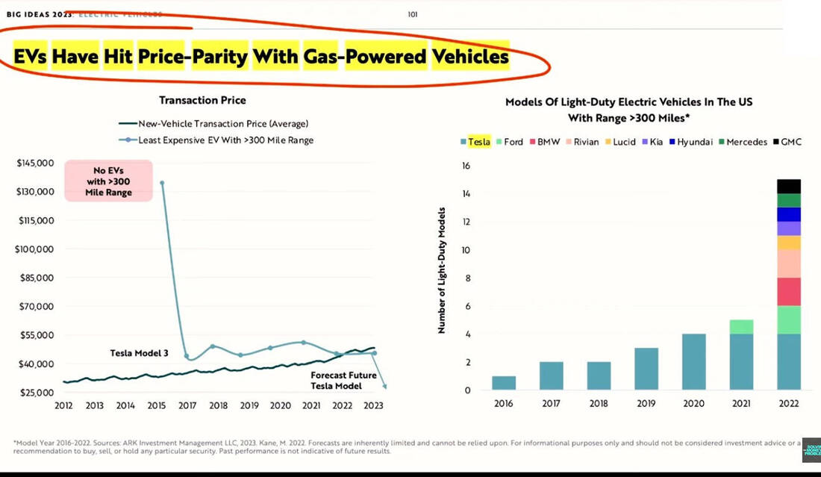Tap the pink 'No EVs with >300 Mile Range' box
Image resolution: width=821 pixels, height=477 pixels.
108,181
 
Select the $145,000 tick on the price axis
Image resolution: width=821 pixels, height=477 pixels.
34,163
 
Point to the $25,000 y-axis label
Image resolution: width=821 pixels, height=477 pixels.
34,392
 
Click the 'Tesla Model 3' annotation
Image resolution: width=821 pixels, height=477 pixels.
140,353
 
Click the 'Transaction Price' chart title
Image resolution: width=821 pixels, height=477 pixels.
202,100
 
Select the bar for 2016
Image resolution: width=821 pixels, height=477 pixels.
504,383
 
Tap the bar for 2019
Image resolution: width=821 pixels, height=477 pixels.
646,369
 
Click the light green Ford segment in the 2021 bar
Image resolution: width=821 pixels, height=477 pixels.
741,327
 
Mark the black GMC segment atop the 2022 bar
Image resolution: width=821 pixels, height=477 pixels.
788,186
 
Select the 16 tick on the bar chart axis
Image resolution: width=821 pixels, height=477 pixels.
466,166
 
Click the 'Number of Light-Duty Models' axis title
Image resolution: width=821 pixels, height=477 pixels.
442,269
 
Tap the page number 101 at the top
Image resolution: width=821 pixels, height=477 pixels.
413,13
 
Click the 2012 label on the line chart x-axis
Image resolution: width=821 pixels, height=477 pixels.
64,405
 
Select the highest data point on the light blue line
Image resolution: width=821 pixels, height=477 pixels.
162,182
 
